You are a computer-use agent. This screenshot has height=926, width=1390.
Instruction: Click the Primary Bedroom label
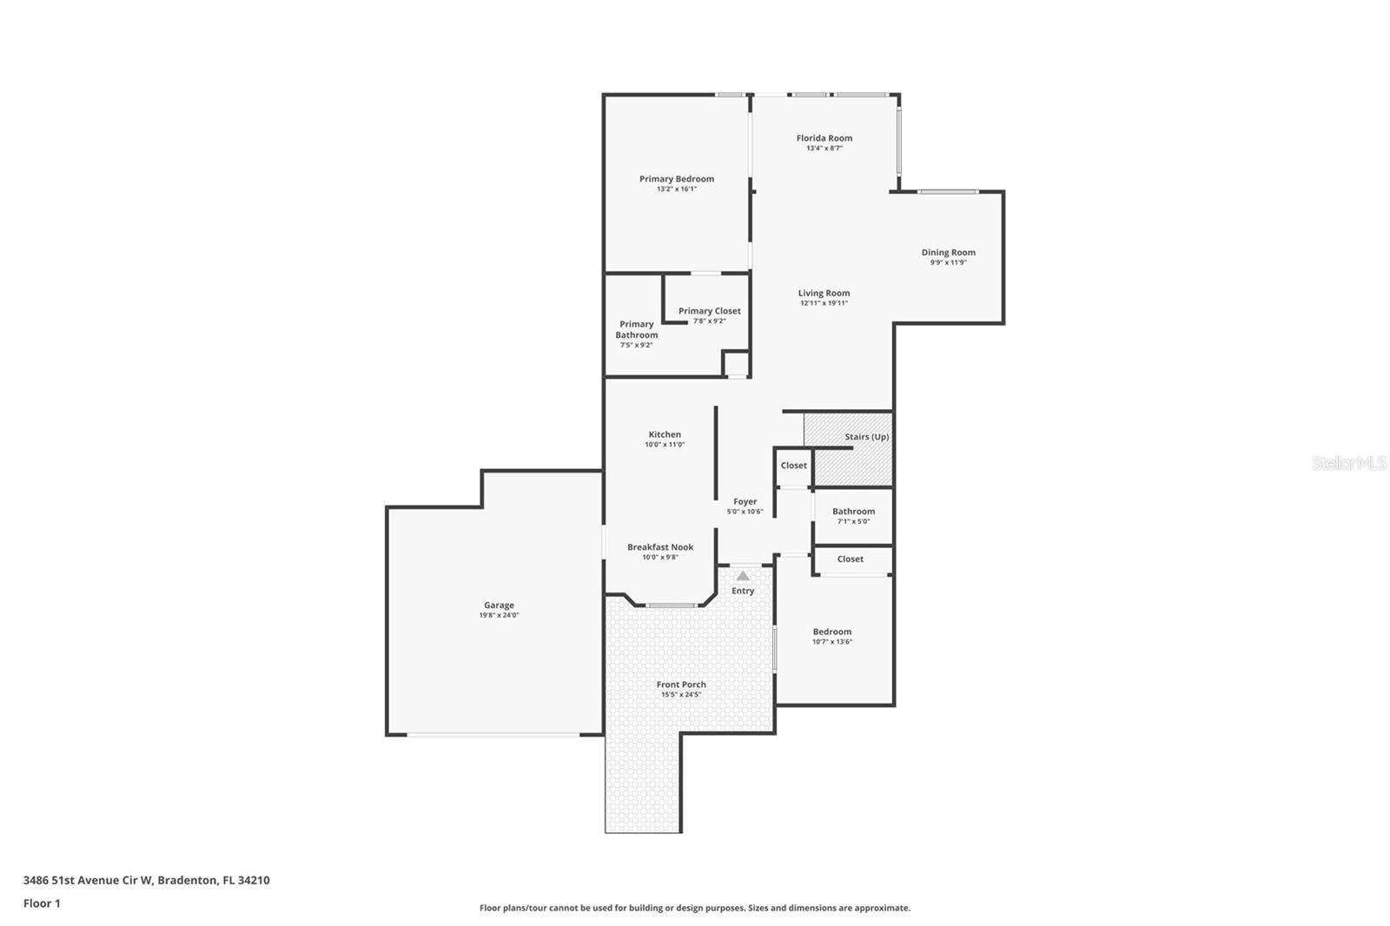pos(677,179)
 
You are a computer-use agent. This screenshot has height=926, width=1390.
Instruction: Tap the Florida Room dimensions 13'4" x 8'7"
pos(824,149)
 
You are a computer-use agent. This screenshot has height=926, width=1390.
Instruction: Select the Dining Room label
pos(948,253)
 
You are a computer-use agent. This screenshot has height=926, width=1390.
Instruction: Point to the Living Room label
pos(824,294)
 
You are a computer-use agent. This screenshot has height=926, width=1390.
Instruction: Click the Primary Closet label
pos(709,311)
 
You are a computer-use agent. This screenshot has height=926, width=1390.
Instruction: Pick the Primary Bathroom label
pos(636,329)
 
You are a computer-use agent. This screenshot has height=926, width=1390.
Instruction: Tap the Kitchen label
pos(665,434)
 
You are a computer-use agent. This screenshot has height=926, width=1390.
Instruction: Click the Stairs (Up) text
pos(866,437)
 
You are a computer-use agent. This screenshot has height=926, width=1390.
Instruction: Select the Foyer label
pos(745,501)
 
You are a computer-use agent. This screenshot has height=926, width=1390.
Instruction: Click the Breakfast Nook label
pos(660,547)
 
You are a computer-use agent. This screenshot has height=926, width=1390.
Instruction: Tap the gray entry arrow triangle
pos(743,575)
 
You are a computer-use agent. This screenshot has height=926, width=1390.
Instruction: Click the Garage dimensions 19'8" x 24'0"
pos(499,615)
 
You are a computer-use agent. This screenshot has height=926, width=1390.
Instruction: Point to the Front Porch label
pos(681,685)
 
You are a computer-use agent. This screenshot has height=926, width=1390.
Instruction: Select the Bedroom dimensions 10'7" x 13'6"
pos(831,642)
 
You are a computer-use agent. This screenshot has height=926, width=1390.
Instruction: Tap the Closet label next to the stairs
pos(793,466)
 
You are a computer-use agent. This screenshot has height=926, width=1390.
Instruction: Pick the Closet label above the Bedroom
pos(850,559)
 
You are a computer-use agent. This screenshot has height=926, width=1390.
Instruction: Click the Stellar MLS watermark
pos(1348,463)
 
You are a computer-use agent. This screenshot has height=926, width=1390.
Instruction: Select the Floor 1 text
pos(42,903)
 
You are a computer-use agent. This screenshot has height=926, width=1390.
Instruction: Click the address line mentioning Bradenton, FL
pos(146,880)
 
